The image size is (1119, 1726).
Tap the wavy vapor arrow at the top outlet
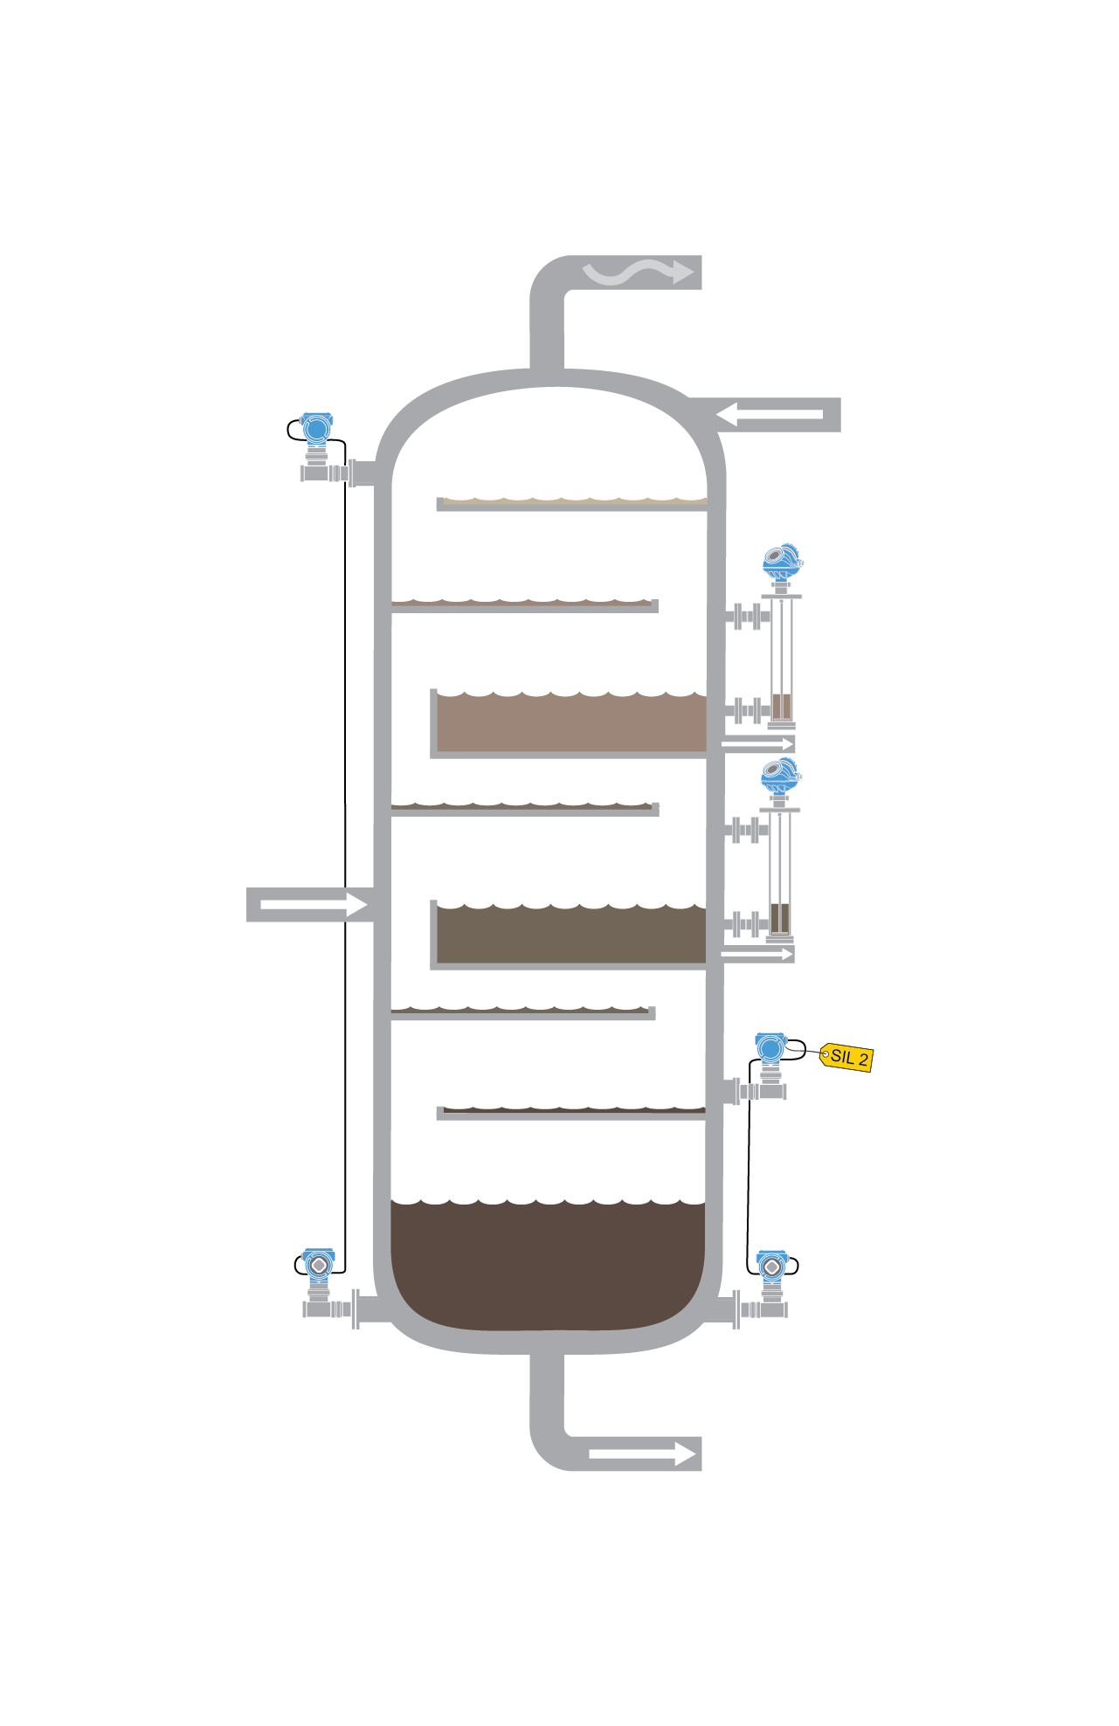click(638, 272)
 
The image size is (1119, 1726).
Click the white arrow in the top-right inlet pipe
click(769, 414)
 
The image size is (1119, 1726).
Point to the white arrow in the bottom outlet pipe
click(642, 1453)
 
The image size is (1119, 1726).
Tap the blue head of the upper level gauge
click(781, 561)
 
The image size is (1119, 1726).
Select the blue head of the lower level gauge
click(780, 776)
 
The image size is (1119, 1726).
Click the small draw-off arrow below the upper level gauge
click(757, 744)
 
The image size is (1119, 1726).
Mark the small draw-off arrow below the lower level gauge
click(757, 955)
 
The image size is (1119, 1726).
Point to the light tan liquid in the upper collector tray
click(570, 722)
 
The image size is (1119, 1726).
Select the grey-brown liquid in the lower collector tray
click(570, 935)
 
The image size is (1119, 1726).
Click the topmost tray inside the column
click(572, 504)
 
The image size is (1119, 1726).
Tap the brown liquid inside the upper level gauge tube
click(781, 706)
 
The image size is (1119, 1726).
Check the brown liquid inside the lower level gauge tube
click(780, 917)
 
